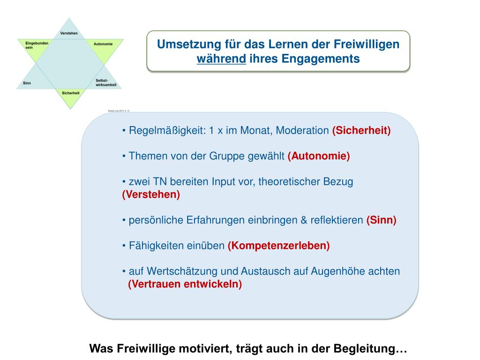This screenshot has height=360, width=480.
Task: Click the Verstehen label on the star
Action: (x=69, y=33)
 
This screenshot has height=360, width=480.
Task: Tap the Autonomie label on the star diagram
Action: (x=103, y=44)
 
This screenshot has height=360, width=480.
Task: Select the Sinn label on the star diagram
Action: (x=27, y=83)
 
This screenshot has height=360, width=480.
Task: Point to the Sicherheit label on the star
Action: (x=70, y=93)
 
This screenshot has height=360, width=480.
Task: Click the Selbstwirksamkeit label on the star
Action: (x=105, y=83)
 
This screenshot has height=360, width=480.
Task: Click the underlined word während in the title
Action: (x=221, y=59)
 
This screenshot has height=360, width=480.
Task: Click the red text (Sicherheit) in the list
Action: (x=361, y=131)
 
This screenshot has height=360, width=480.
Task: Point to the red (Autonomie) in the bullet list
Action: (x=319, y=156)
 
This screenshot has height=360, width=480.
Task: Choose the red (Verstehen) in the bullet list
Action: (x=151, y=195)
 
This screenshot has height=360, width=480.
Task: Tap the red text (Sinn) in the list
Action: (x=381, y=220)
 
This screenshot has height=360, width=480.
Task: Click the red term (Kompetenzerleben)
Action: (x=278, y=246)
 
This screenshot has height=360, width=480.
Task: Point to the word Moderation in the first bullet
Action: (x=302, y=131)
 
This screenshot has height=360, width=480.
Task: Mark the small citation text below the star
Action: (x=119, y=111)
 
